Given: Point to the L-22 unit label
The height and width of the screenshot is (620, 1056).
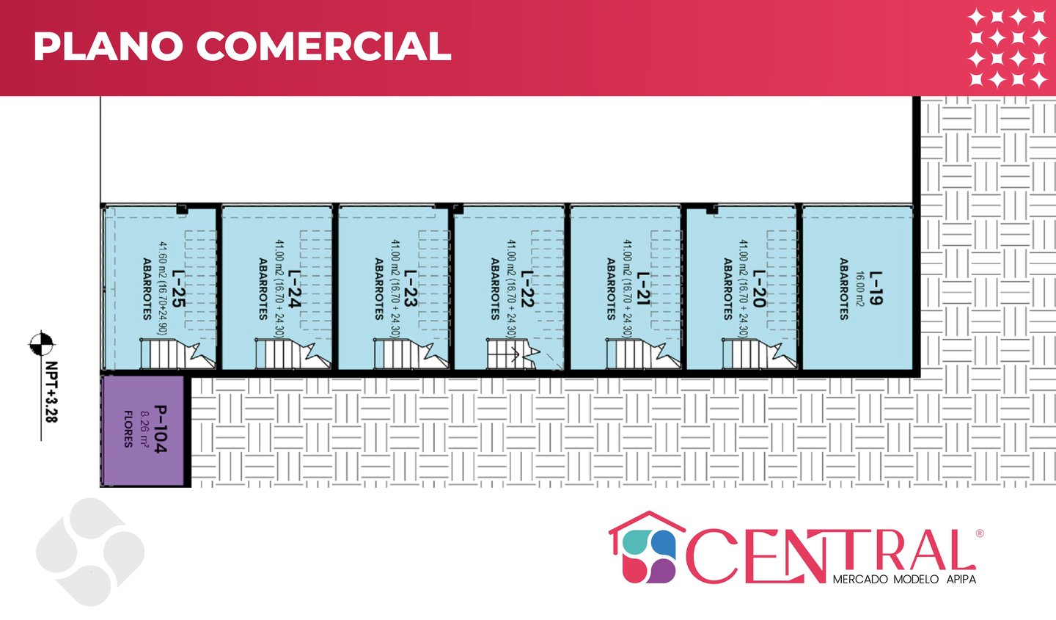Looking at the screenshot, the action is pos(527,288).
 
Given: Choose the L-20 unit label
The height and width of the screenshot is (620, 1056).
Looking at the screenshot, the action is pos(759,288).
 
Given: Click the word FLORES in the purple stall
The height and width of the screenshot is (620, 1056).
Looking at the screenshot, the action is pos(128,429).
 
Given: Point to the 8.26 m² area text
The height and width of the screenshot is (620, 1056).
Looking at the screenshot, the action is pos(144,429).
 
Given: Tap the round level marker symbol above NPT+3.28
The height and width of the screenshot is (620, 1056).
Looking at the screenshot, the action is pos(41,343).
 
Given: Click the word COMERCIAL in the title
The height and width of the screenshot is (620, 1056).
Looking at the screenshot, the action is pos(323,46).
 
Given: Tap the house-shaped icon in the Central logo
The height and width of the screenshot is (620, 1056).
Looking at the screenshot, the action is pos(645,548).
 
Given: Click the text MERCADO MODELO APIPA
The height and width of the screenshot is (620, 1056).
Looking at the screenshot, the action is pos(904,580).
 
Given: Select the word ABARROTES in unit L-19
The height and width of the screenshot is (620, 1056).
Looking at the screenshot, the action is pos(844,288).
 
